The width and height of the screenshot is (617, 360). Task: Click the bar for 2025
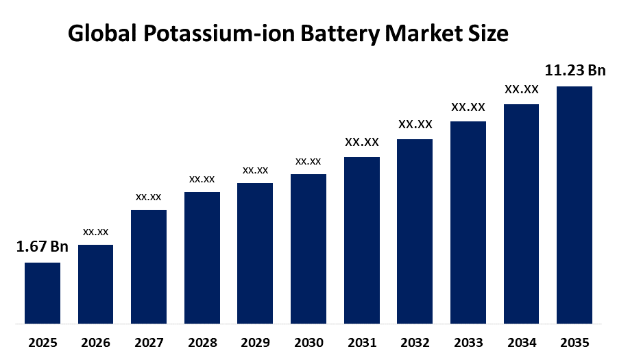click(43, 292)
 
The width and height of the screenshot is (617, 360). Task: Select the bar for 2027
click(149, 266)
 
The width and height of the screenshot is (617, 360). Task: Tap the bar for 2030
click(308, 248)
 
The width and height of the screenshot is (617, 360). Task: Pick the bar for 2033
click(468, 221)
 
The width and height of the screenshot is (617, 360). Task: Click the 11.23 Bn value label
click(574, 71)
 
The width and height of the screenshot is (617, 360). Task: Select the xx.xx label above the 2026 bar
click(95, 232)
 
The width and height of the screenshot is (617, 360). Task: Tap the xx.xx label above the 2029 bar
click(255, 169)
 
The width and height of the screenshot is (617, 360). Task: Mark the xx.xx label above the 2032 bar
click(415, 124)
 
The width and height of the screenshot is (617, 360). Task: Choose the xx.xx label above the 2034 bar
click(521, 89)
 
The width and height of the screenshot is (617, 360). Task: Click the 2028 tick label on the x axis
click(202, 342)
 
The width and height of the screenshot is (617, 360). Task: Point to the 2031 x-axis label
click(361, 342)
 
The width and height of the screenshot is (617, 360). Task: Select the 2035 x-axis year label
click(574, 342)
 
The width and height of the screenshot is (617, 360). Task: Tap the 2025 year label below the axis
click(43, 342)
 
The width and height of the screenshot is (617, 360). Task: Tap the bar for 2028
click(202, 257)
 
